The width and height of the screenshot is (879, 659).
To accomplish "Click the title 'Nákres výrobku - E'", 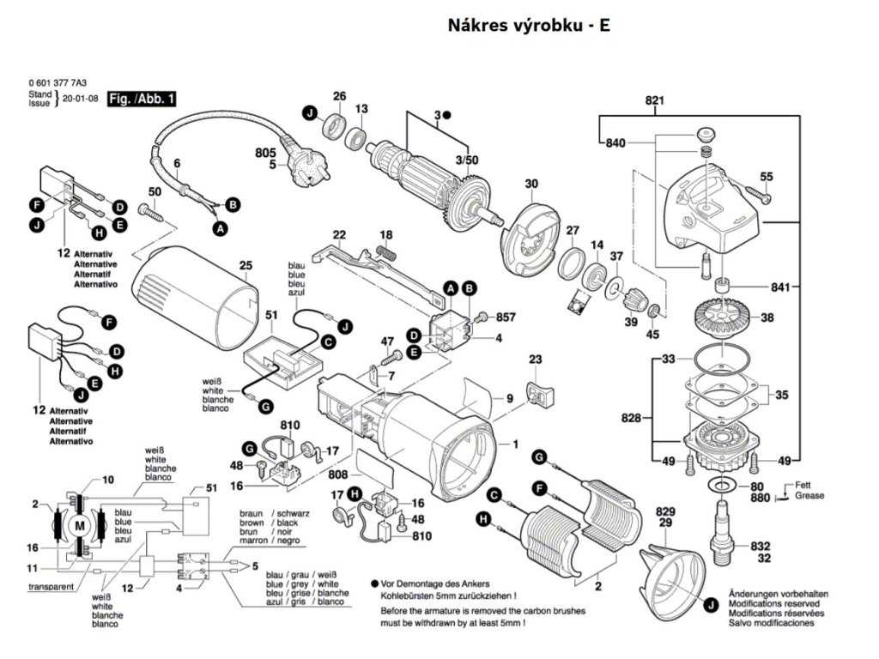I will pos(529,26).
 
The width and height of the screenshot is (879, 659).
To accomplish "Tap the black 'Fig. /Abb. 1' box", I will pos(142,100).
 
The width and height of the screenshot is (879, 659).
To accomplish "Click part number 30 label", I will pos(531,184).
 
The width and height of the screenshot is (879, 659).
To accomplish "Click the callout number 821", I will pos(655,101).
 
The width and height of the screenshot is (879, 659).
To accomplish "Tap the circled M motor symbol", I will pos(80,525).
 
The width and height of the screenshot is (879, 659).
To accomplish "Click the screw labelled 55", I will pos(760,196).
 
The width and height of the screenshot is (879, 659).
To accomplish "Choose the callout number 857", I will pos(506,317).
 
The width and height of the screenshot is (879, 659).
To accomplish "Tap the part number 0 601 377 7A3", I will pos(58,83).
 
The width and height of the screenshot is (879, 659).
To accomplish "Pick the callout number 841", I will pos(780,287).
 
